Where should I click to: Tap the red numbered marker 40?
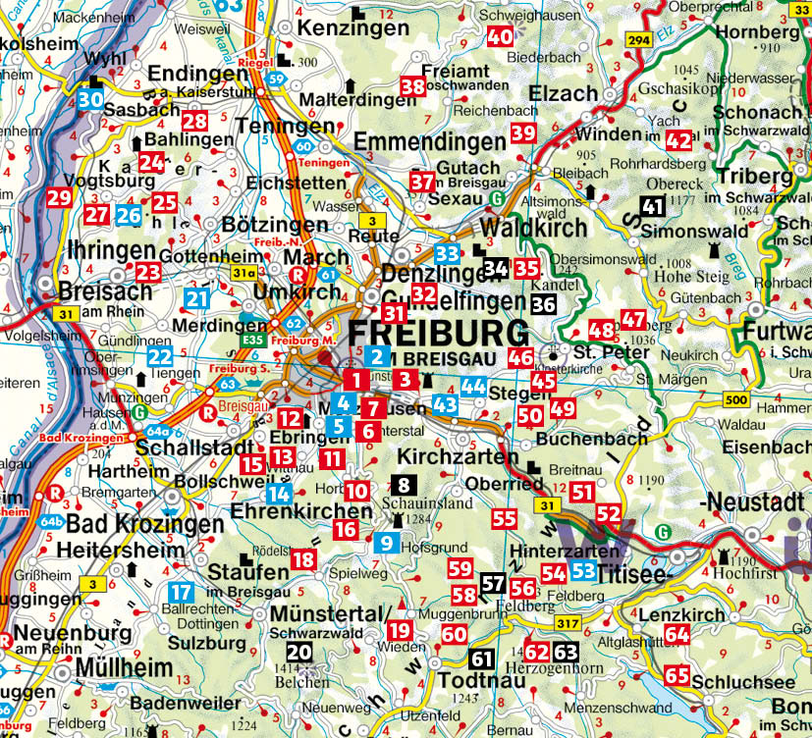(500, 37)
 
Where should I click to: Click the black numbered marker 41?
(653, 205)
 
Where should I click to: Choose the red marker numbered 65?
(677, 675)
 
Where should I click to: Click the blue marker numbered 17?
(181, 592)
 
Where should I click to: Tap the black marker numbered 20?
(299, 651)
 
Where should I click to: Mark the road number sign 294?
(639, 40)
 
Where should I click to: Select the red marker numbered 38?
(412, 87)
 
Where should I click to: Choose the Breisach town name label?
(105, 291)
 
